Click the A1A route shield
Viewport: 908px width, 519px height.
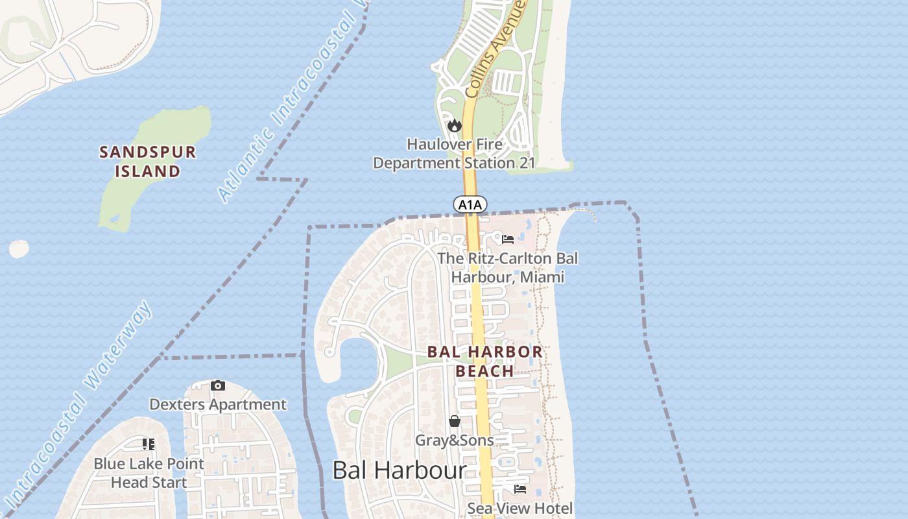[x=470, y=205]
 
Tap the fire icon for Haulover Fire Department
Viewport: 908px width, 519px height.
[x=454, y=125]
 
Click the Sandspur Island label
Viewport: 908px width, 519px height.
[x=148, y=162]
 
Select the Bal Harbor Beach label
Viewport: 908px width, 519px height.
[x=484, y=361]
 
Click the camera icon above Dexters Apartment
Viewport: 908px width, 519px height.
[x=218, y=385]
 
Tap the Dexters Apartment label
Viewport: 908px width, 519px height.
[x=218, y=404]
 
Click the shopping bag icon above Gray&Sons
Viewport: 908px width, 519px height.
[x=455, y=421]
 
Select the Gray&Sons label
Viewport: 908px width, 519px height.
[x=455, y=440]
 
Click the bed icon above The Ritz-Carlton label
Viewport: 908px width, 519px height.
[x=508, y=239]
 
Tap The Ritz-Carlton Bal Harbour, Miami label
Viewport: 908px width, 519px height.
[x=507, y=267]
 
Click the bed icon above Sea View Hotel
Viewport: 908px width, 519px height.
[x=520, y=489]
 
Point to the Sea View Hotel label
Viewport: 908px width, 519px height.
[x=520, y=508]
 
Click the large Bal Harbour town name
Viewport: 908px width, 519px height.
[x=400, y=470]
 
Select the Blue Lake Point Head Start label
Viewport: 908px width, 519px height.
[x=149, y=473]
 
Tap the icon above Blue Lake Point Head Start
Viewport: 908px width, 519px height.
[x=149, y=444]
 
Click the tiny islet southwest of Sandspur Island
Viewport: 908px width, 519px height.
[x=19, y=249]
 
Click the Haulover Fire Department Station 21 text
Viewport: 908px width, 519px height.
[x=454, y=153]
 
